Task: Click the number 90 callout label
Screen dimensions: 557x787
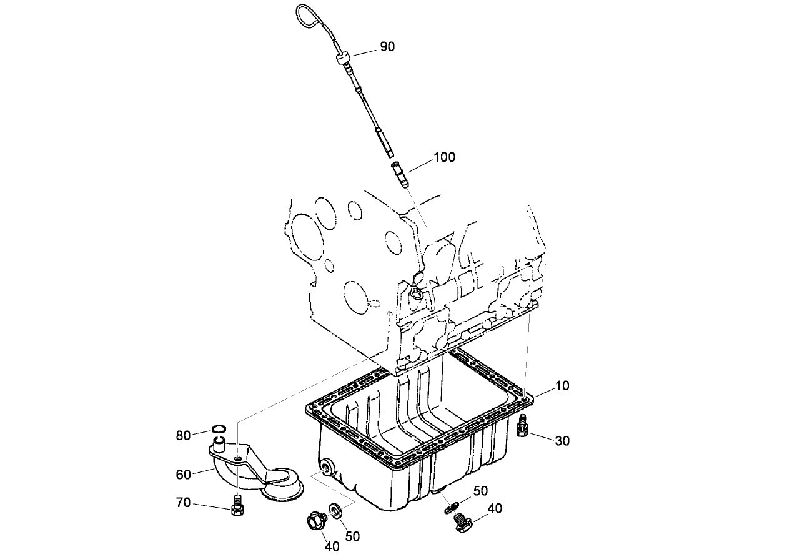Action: pos(387,47)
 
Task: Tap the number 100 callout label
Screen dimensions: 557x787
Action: pos(444,157)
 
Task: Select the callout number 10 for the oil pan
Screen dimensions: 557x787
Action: pos(562,386)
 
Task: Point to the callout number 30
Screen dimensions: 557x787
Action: pos(562,441)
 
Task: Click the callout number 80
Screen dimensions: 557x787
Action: pos(183,436)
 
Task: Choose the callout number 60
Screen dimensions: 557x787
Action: pos(183,475)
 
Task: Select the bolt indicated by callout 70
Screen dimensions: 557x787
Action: pos(237,505)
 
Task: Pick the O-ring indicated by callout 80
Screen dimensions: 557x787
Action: pos(218,429)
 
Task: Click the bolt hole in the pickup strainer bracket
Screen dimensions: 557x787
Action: pos(239,460)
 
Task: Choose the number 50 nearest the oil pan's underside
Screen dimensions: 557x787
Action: pos(480,491)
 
